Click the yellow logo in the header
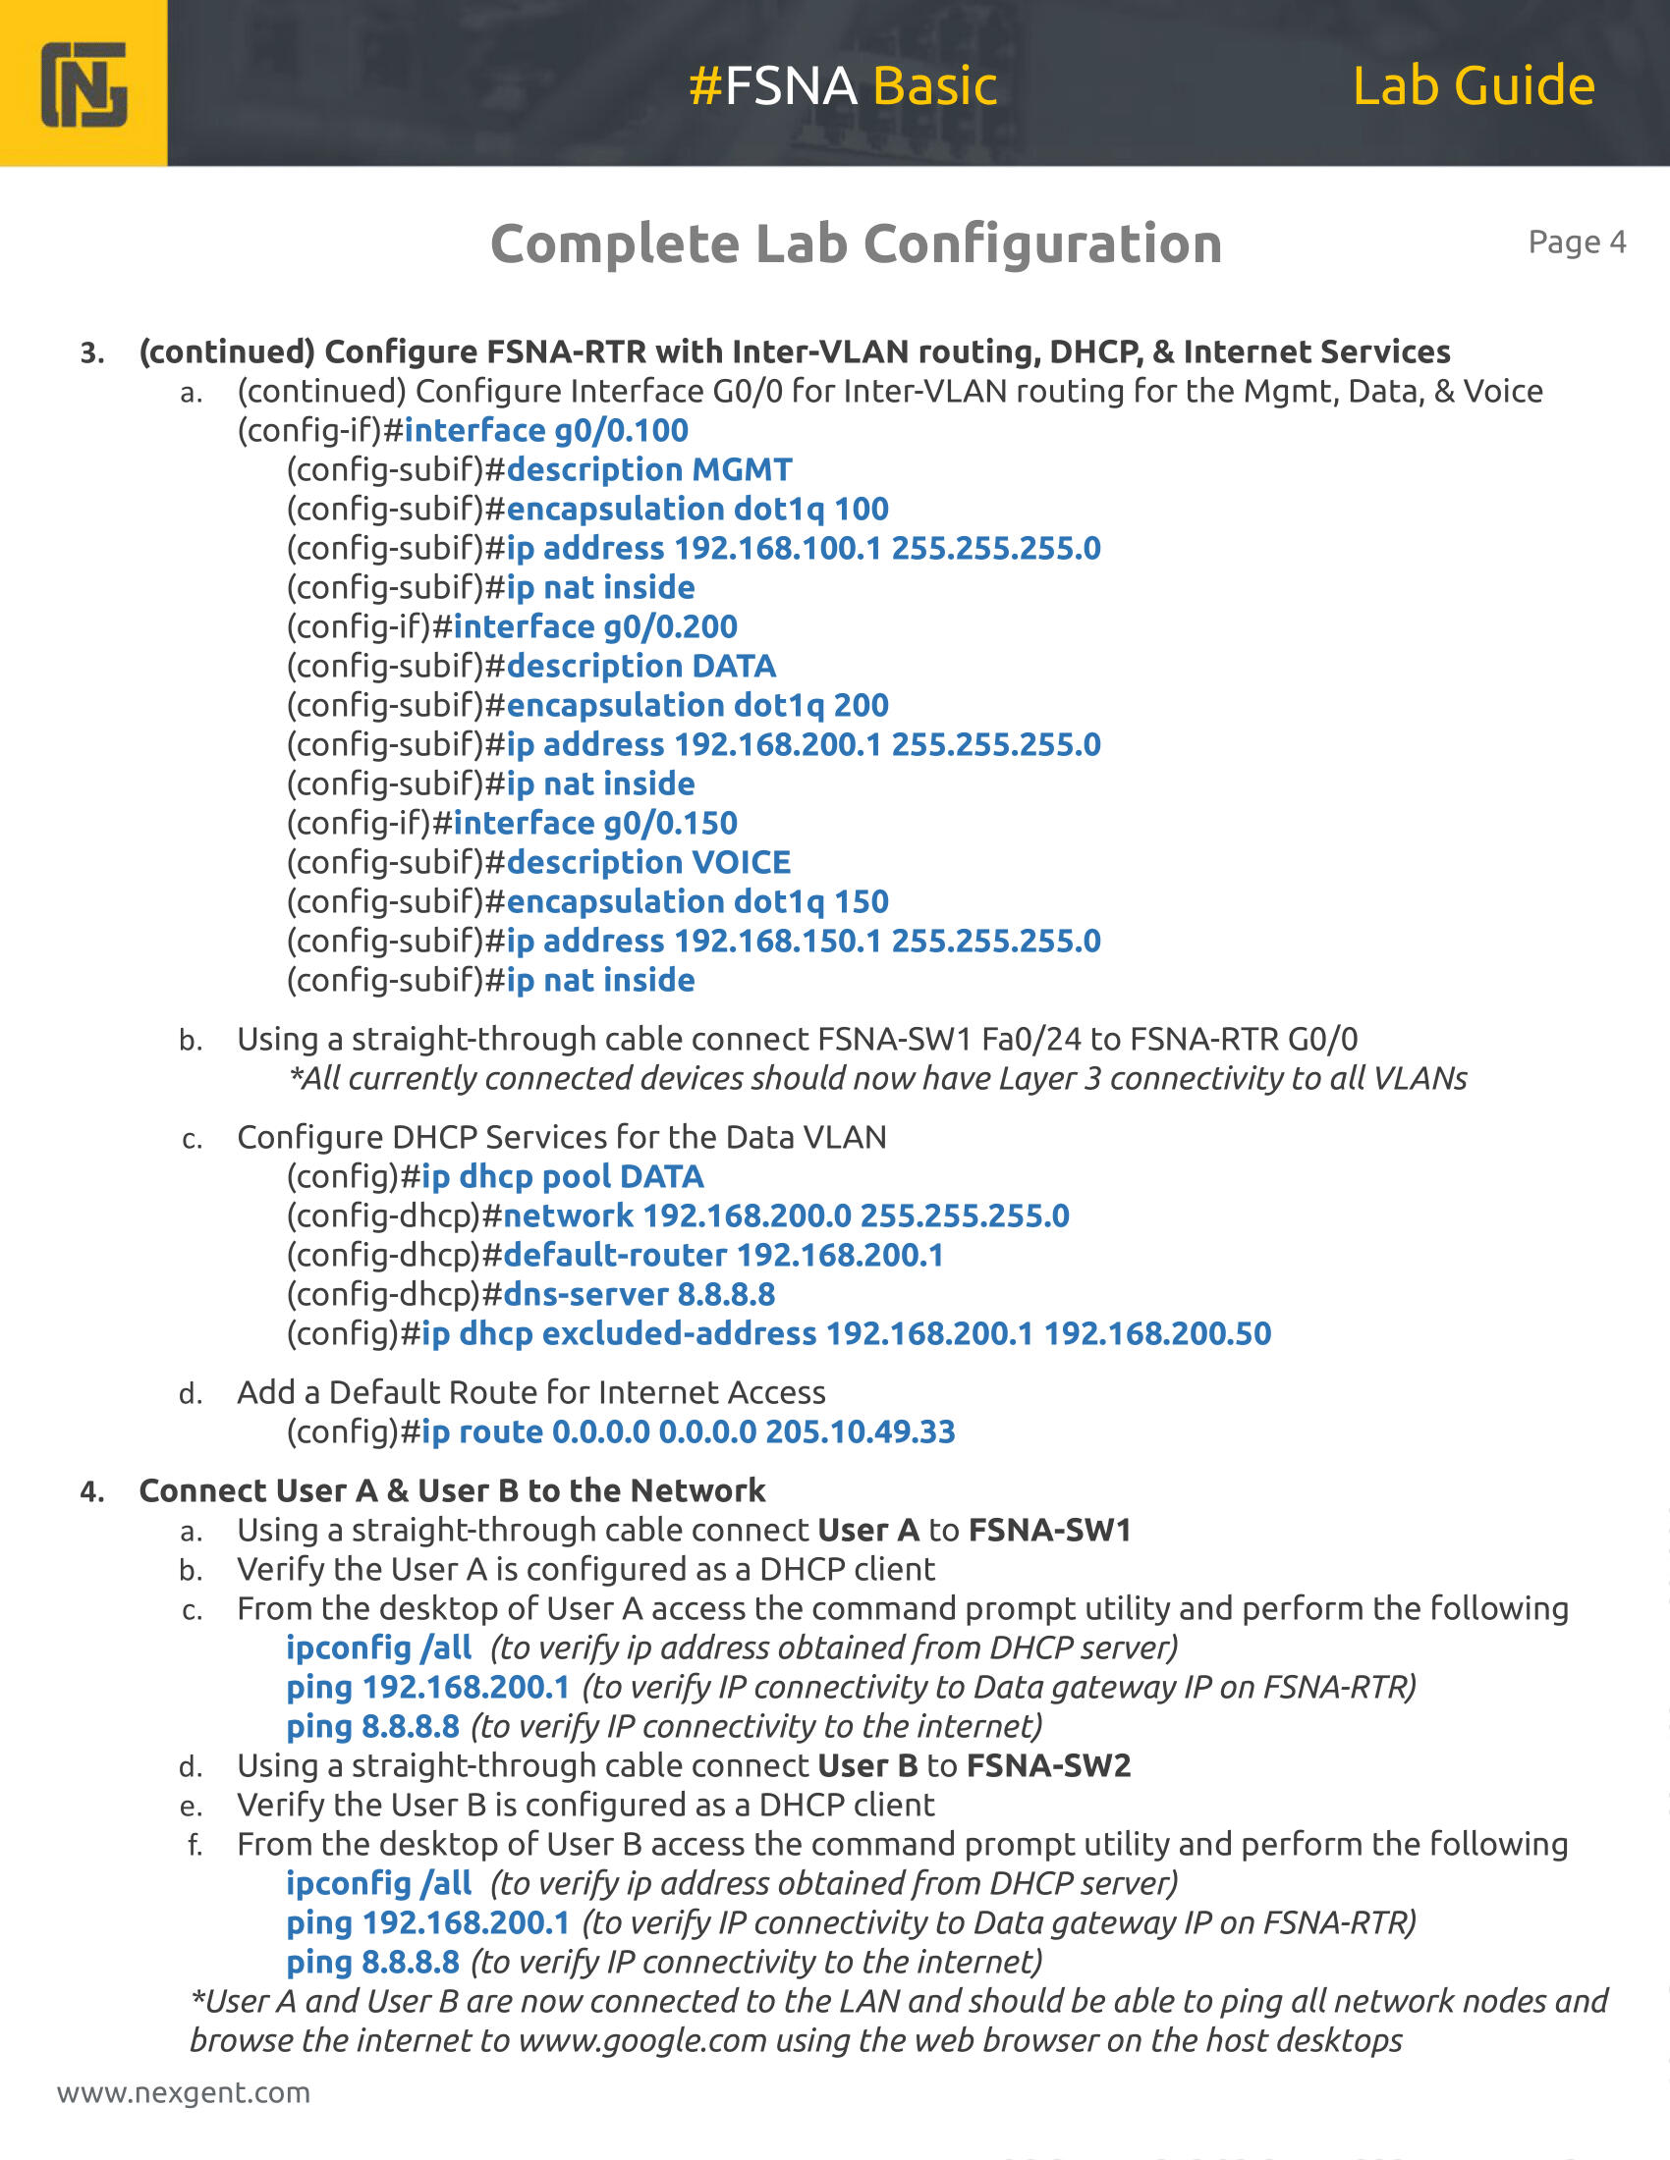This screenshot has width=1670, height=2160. click(x=84, y=84)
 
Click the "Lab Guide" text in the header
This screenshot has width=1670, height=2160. click(x=1474, y=85)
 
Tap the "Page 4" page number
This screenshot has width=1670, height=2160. click(x=1576, y=243)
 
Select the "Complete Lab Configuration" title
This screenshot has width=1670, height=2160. click(x=856, y=243)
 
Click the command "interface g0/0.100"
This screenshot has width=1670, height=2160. click(x=546, y=430)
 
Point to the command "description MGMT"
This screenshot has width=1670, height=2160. click(x=649, y=469)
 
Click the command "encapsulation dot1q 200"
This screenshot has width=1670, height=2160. click(x=697, y=705)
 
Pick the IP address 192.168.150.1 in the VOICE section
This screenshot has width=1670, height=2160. click(x=778, y=941)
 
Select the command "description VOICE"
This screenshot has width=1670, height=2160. click(x=648, y=862)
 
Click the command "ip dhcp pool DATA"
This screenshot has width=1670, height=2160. click(x=562, y=1177)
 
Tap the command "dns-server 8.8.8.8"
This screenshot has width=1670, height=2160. click(x=640, y=1295)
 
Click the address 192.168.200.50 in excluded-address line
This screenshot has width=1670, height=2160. click(x=1157, y=1334)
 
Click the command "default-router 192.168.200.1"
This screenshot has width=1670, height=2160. click(x=723, y=1255)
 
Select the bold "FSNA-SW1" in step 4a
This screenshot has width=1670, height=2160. click(x=1049, y=1531)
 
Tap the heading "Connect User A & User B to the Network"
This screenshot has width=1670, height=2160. click(x=452, y=1490)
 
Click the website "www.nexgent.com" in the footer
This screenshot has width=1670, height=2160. click(x=184, y=2093)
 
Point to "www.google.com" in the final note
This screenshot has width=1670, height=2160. click(x=642, y=2040)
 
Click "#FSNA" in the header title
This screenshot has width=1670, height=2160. click(x=772, y=85)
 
